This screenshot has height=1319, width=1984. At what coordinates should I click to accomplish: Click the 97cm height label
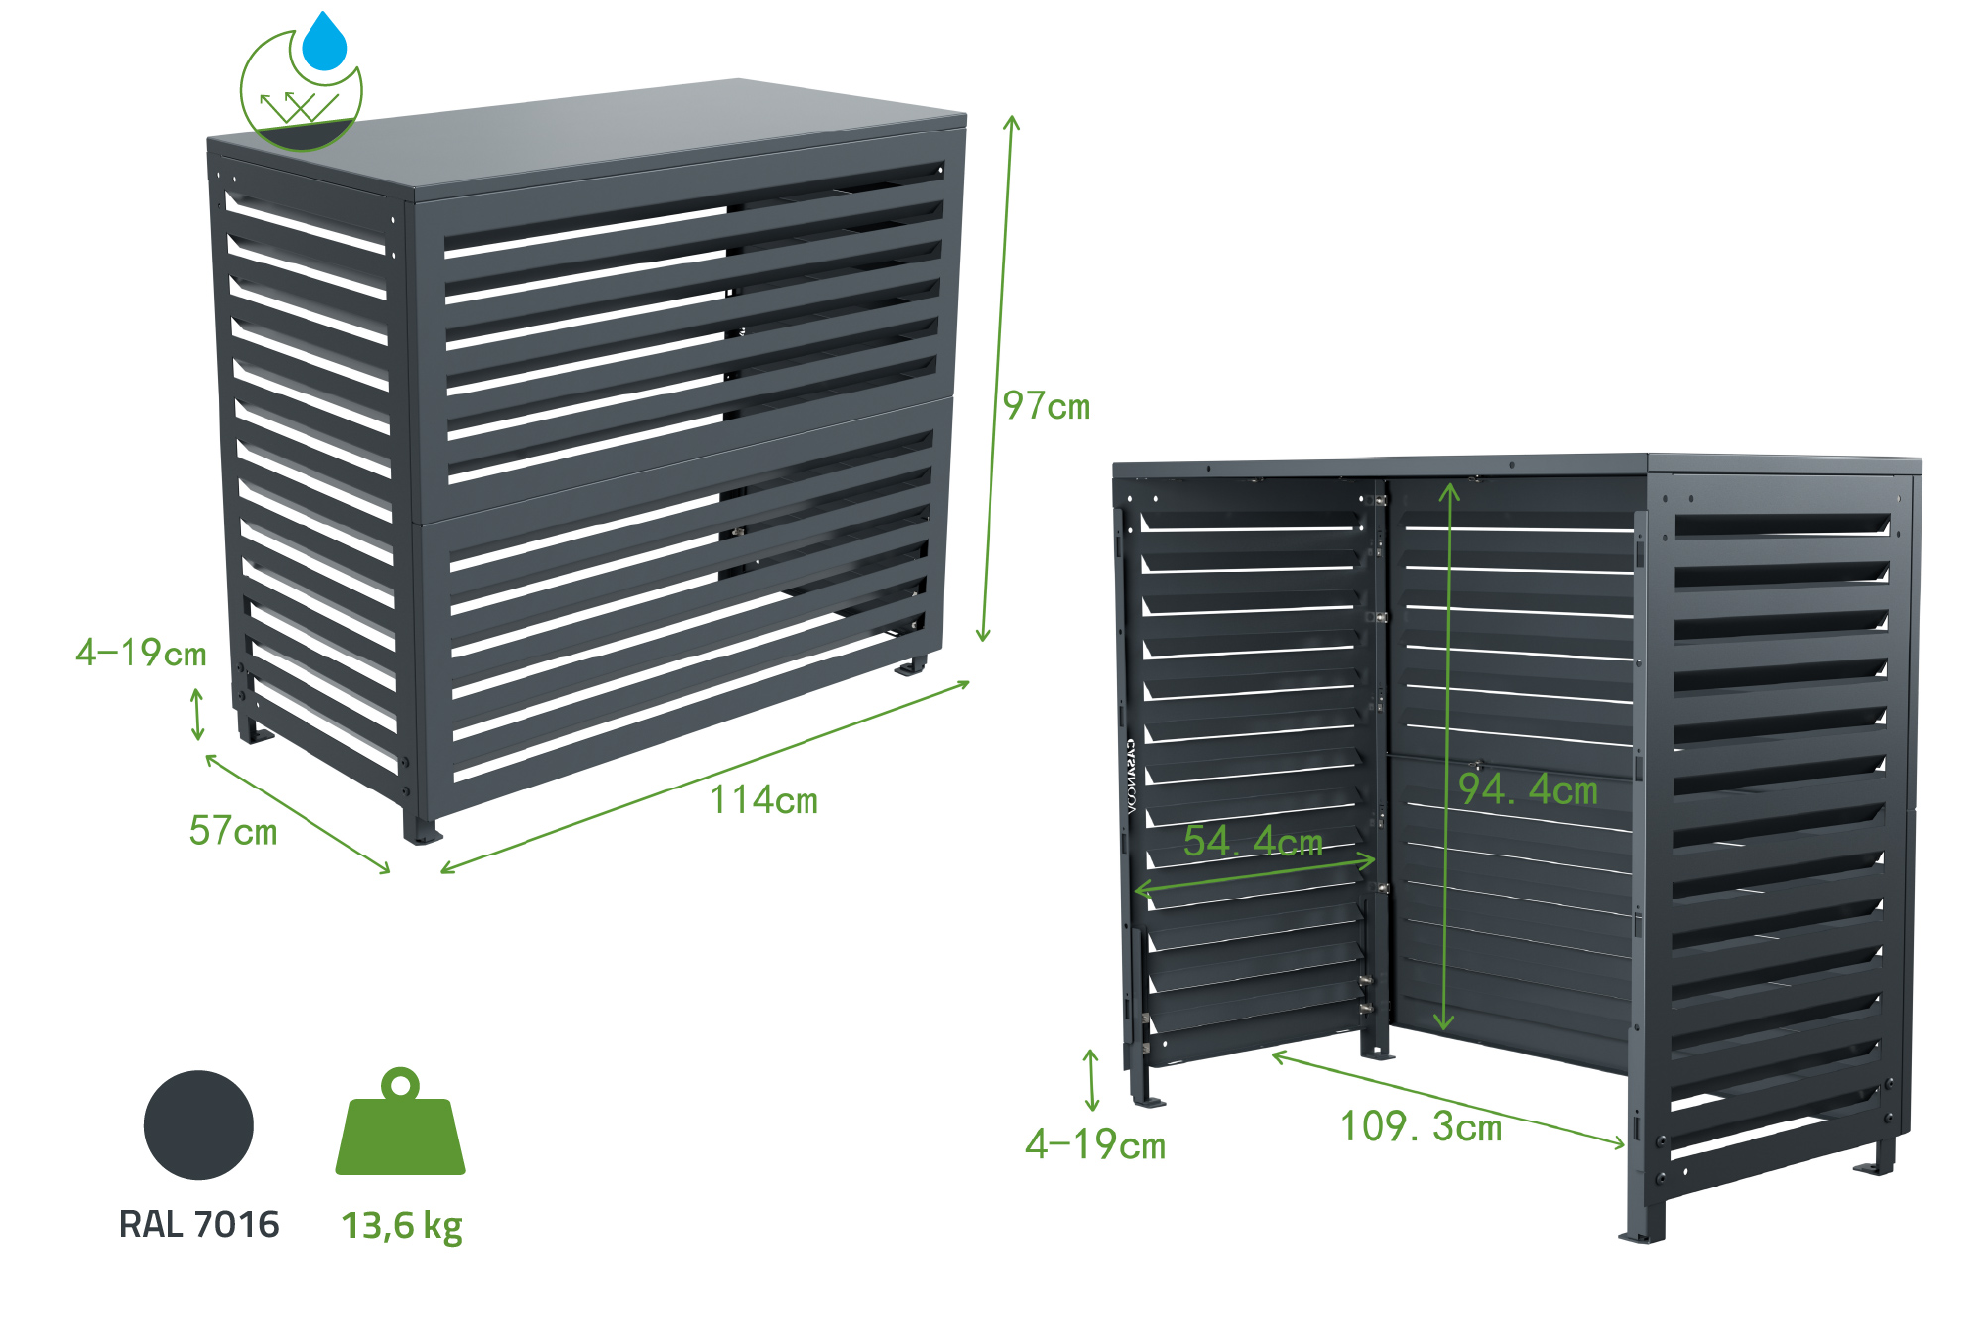[x=1046, y=406]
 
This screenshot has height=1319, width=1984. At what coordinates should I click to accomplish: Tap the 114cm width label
[x=764, y=800]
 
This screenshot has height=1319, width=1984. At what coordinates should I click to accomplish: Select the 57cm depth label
[x=233, y=831]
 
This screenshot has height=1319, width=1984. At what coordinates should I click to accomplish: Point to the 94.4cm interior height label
[x=1528, y=789]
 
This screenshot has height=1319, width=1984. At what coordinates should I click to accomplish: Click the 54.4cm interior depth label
[x=1253, y=841]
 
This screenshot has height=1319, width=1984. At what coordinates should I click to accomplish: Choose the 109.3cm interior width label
[x=1421, y=1127]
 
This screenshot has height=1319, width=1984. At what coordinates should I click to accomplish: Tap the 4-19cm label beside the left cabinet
[x=141, y=653]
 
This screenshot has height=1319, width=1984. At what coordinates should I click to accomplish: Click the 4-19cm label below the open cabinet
[x=1095, y=1145]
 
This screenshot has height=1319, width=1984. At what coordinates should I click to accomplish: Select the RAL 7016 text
[x=198, y=1225]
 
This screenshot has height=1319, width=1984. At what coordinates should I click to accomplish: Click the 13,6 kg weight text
[x=402, y=1226]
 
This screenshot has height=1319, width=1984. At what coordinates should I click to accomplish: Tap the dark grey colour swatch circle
[x=198, y=1126]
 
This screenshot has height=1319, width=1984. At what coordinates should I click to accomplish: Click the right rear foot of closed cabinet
[x=911, y=666]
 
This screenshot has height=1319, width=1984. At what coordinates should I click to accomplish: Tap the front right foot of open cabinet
[x=1643, y=1230]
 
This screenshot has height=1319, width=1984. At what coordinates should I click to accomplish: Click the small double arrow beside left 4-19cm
[x=197, y=714]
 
